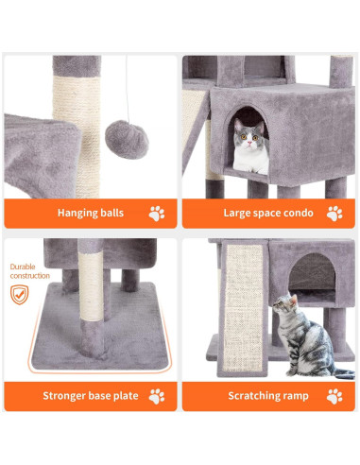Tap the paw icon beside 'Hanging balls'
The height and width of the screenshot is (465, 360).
157,213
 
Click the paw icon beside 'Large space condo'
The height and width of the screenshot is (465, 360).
333,213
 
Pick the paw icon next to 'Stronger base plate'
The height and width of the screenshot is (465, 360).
157,395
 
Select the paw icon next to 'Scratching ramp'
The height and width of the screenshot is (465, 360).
333,395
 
